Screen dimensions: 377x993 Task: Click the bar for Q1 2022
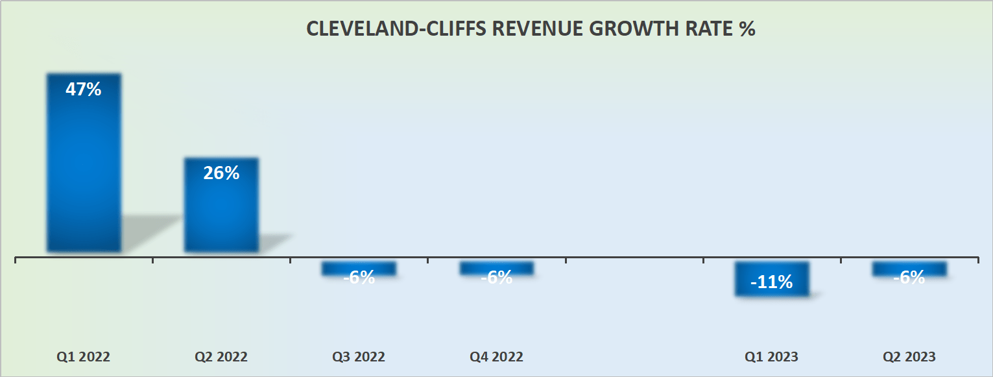pos(84,162)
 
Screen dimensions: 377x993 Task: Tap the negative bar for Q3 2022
pos(359,267)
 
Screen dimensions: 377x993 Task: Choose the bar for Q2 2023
pos(909,267)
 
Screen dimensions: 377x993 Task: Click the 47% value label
pos(84,90)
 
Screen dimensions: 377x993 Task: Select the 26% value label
pos(221,173)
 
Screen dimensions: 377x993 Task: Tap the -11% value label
pos(772,282)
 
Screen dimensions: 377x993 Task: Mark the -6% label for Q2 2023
pos(909,278)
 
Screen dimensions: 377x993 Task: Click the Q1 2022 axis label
pos(84,357)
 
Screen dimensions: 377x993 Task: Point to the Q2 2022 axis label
pos(221,357)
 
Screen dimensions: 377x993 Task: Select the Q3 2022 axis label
pos(359,357)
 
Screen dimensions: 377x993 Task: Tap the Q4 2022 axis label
pos(497,357)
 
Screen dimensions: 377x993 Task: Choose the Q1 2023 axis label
pos(772,357)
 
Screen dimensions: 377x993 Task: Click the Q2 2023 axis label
pos(909,357)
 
